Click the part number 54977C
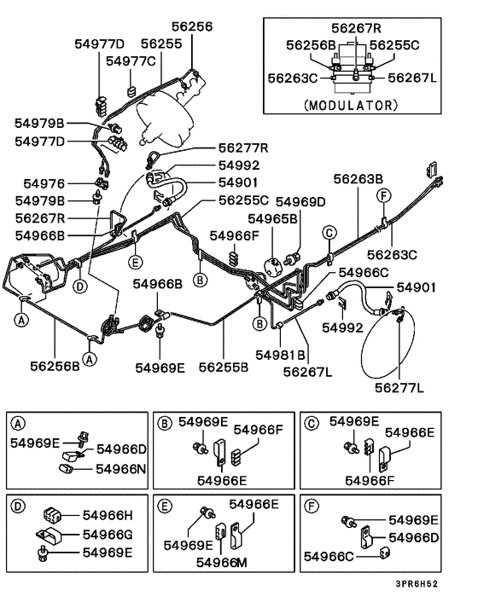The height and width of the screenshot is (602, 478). [x=131, y=61]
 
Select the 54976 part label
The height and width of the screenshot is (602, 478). [x=44, y=183]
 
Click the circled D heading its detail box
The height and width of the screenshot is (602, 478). [x=16, y=505]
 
